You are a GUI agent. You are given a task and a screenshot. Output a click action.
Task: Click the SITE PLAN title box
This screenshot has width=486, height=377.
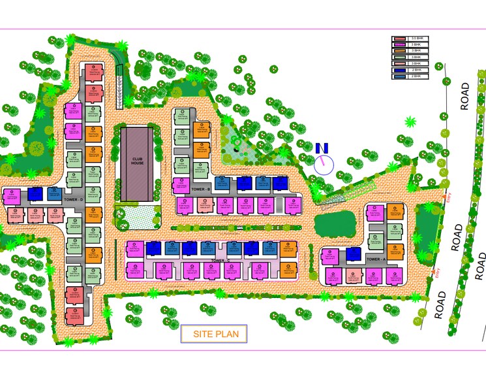(x=214, y=335)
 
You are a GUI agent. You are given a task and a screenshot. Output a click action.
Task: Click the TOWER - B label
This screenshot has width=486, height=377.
(x=200, y=189)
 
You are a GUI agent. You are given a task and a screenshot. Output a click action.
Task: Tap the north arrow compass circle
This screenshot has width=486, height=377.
(x=323, y=163)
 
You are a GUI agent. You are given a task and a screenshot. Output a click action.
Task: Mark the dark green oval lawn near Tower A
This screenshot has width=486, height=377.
(x=333, y=224)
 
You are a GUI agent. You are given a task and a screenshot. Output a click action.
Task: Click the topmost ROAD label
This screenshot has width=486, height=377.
(x=465, y=96)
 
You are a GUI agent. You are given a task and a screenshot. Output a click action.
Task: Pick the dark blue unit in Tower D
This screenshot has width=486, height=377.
(x=35, y=195)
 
